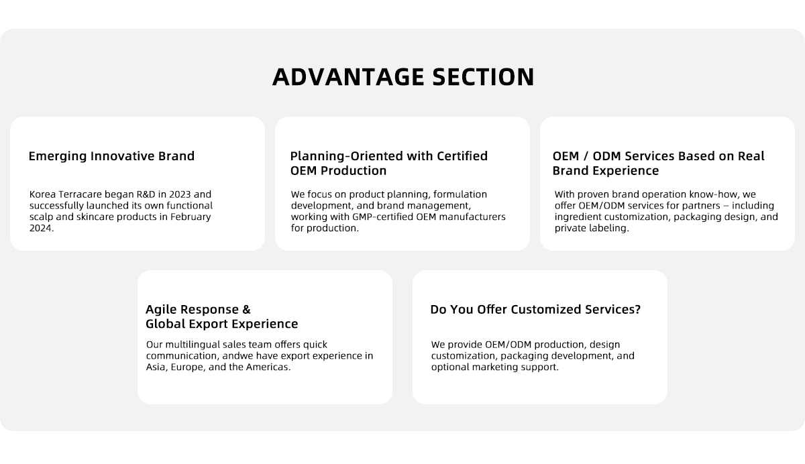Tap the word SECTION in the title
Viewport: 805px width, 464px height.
484,77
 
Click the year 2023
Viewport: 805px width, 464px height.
180,194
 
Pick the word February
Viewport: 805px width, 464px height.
191,217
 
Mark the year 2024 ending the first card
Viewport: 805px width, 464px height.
42,228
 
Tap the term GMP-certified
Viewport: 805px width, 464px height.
382,217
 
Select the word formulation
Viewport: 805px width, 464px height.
460,194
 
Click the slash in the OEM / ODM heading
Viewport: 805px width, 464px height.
586,156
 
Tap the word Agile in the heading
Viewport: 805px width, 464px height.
161,310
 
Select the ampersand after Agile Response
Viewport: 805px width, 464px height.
247,310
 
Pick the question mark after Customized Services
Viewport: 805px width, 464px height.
637,310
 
